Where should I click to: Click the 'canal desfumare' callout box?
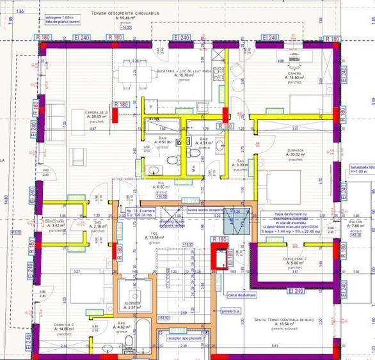click(x=241, y=295)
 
